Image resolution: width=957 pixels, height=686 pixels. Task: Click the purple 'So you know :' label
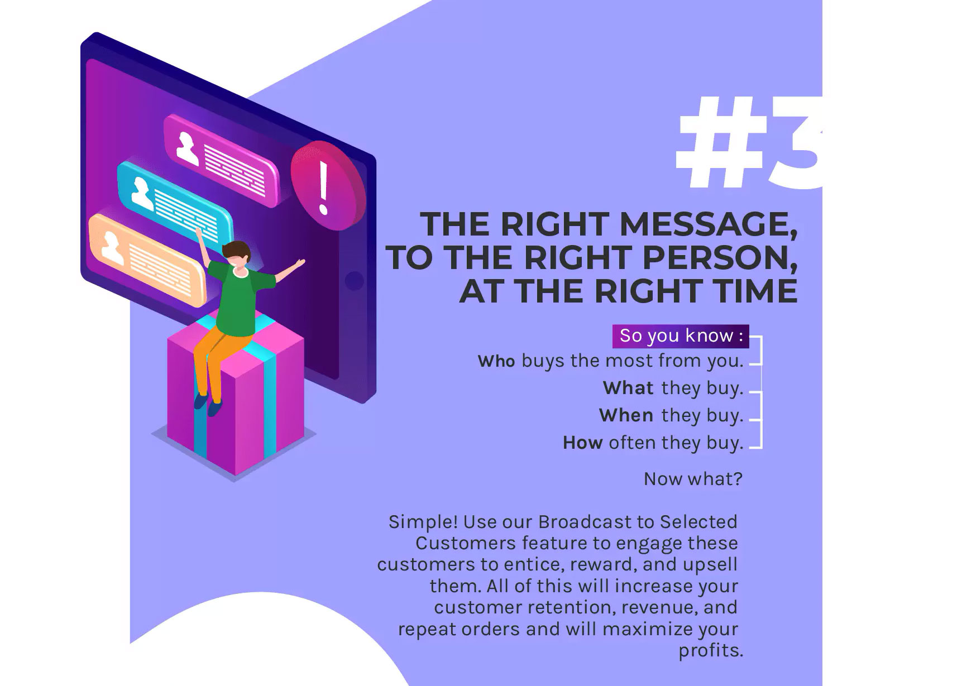[x=681, y=336]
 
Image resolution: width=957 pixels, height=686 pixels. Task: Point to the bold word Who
[x=496, y=361]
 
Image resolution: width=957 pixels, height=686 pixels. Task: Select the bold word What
[x=628, y=388]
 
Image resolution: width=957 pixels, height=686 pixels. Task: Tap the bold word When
[x=626, y=416]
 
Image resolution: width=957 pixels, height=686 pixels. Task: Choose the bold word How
[x=583, y=443]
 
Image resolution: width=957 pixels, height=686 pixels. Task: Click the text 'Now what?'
[x=693, y=479]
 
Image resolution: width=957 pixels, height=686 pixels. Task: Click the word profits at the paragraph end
[x=711, y=651]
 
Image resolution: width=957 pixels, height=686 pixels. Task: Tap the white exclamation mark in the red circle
[x=323, y=188]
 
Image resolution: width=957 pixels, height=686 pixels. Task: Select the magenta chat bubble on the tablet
[x=221, y=161]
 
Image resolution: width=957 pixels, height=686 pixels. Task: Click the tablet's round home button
[x=354, y=281]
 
